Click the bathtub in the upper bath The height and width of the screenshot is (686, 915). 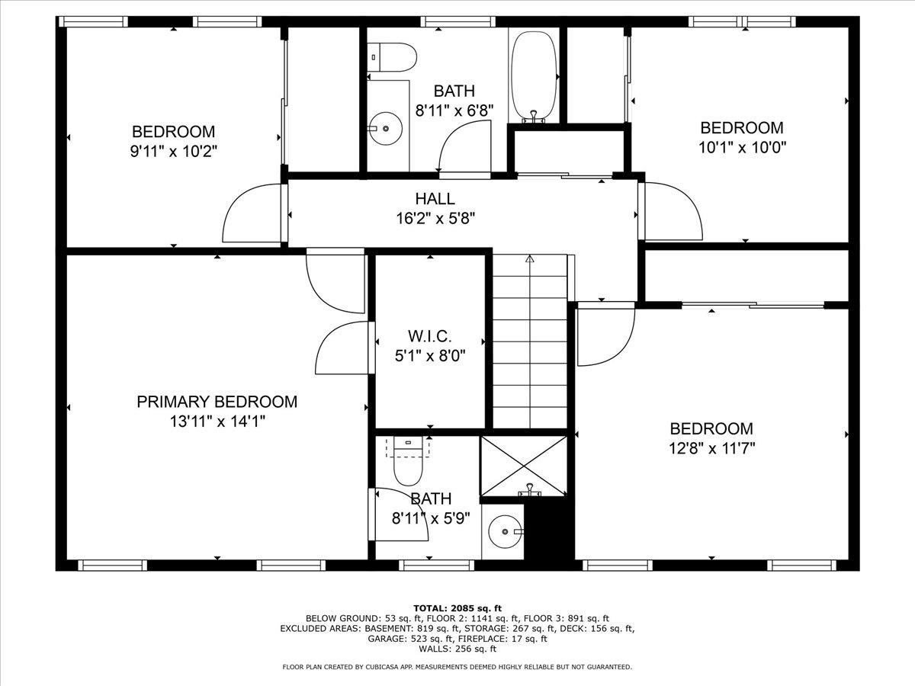pos(535,75)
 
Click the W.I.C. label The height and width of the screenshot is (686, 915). pos(429,336)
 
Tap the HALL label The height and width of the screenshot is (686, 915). pos(435,199)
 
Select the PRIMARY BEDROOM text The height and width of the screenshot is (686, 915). pos(217,402)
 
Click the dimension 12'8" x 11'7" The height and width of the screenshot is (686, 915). pos(711,448)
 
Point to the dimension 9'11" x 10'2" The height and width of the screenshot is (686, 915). pos(173,151)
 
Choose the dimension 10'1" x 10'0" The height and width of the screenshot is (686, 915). pos(741,147)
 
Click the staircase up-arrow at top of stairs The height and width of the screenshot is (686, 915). pos(530,259)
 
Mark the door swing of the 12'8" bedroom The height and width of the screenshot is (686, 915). pos(605,334)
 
